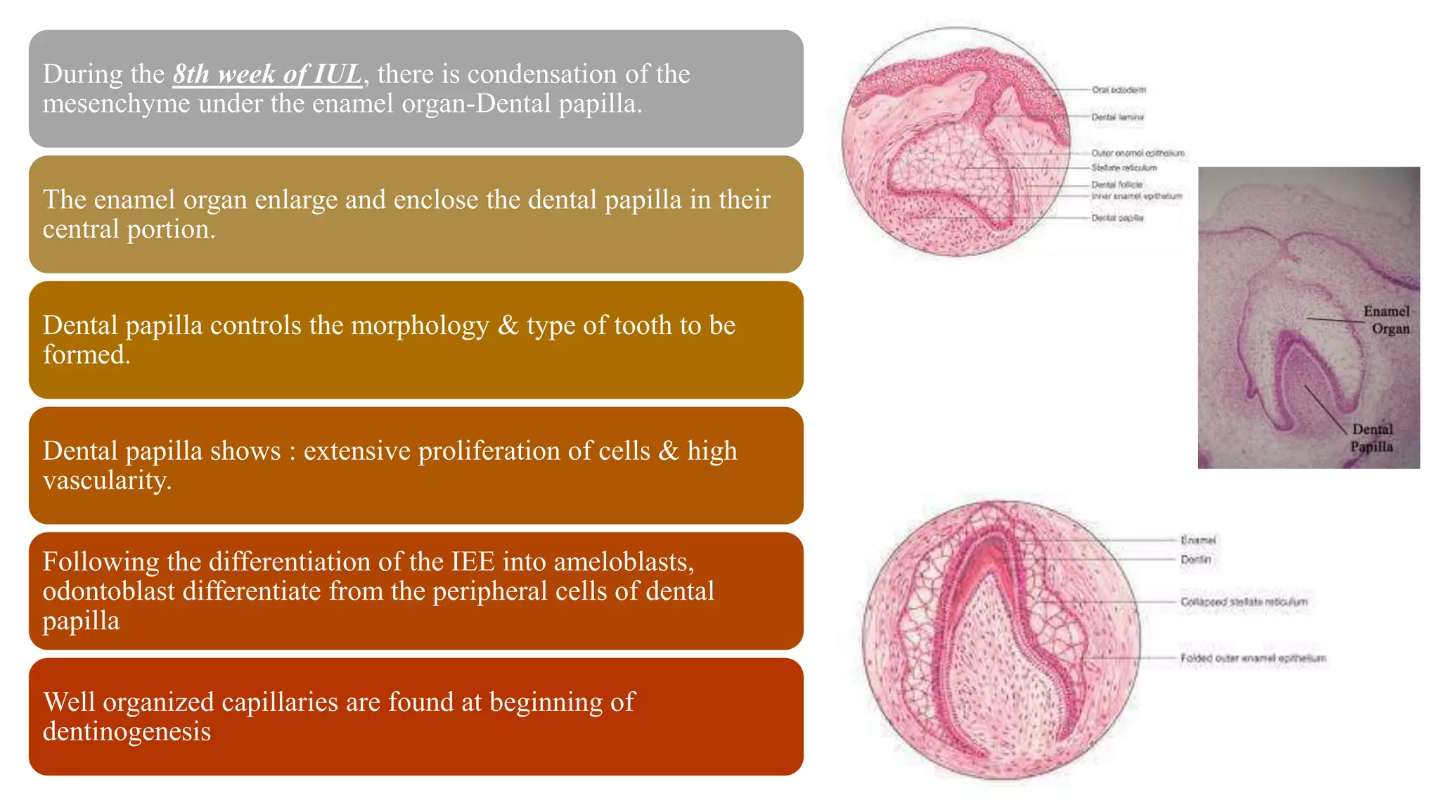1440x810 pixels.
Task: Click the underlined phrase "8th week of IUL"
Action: point(267,74)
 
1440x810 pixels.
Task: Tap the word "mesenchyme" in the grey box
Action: point(116,103)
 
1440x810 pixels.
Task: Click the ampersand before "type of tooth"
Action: point(508,326)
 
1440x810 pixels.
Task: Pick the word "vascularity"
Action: point(107,480)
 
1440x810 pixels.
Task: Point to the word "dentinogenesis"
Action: point(127,731)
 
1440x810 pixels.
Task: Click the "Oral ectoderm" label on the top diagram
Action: point(1119,90)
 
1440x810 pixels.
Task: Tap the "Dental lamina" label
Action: point(1117,117)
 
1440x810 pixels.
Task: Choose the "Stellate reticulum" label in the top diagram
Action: point(1124,168)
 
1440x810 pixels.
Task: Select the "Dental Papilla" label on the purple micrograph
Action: point(1372,438)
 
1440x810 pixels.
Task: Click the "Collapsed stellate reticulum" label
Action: point(1244,602)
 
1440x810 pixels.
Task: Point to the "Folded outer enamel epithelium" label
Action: point(1253,658)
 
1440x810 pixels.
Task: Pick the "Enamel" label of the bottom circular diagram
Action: point(1198,540)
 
